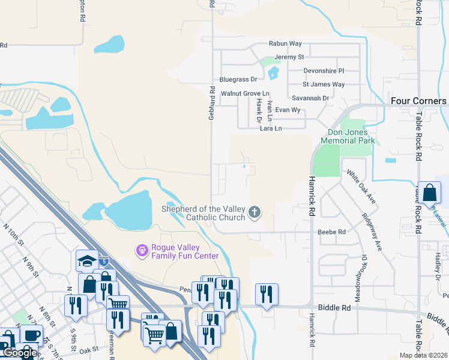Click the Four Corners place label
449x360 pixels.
(x=418, y=101)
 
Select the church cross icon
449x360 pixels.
(x=255, y=211)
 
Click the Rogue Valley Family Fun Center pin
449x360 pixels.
(x=142, y=250)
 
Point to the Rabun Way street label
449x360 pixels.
(x=285, y=44)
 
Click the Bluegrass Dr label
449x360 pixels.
(x=238, y=79)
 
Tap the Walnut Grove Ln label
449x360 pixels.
(x=245, y=94)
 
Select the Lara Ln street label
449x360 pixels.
(x=271, y=128)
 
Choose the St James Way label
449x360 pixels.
(x=324, y=85)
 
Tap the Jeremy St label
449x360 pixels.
(x=290, y=57)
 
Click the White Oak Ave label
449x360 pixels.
(x=361, y=186)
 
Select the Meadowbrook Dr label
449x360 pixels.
(x=364, y=271)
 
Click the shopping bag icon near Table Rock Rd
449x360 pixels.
(x=430, y=193)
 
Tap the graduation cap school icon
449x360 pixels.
(x=86, y=260)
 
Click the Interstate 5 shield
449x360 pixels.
(x=104, y=262)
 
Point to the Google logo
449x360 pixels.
(x=20, y=353)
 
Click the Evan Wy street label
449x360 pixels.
(x=288, y=110)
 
